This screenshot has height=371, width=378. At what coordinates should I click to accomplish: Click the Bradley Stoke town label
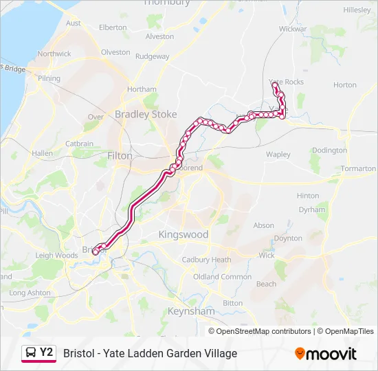(146, 115)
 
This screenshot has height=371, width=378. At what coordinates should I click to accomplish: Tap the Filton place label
(120, 156)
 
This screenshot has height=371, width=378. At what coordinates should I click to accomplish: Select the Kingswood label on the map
(183, 234)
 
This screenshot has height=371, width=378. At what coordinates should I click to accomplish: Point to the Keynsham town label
(190, 311)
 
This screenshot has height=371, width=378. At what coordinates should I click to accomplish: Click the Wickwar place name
(292, 30)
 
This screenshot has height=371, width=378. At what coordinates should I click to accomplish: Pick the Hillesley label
(356, 10)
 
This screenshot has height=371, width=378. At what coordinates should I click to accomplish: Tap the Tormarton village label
(358, 168)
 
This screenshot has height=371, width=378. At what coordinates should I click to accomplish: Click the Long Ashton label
(30, 293)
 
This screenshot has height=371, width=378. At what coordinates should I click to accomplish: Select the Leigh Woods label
(56, 256)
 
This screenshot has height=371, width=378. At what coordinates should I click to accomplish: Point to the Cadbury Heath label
(206, 260)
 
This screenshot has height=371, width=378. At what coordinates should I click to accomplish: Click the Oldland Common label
(222, 277)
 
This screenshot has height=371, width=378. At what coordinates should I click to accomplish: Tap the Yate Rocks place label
(286, 82)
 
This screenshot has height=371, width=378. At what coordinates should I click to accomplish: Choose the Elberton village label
(113, 27)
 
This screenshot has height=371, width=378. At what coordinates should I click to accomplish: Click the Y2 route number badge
(46, 352)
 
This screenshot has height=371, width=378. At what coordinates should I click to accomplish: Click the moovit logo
(326, 354)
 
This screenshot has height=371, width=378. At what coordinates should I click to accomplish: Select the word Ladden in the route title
(146, 353)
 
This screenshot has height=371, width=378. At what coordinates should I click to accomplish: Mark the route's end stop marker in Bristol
(95, 252)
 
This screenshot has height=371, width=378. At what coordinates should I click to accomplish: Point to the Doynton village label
(288, 238)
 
